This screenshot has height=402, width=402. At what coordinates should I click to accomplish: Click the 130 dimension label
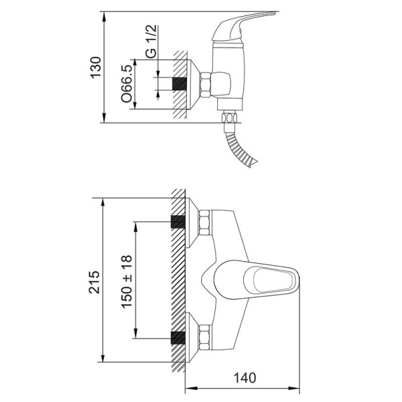click(x=96, y=67)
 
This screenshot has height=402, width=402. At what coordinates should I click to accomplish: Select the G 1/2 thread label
click(x=151, y=42)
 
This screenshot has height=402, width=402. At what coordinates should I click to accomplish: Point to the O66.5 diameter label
click(x=127, y=84)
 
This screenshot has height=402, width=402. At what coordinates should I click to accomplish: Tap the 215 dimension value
click(x=94, y=282)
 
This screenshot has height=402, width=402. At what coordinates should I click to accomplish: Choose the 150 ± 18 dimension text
click(x=127, y=281)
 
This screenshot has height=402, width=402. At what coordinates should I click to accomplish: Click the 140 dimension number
click(x=245, y=378)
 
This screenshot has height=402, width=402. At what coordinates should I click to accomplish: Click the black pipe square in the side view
click(x=180, y=84)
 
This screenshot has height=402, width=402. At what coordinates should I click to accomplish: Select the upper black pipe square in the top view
click(x=178, y=222)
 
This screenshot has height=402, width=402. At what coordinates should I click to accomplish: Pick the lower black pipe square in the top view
click(x=178, y=338)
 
